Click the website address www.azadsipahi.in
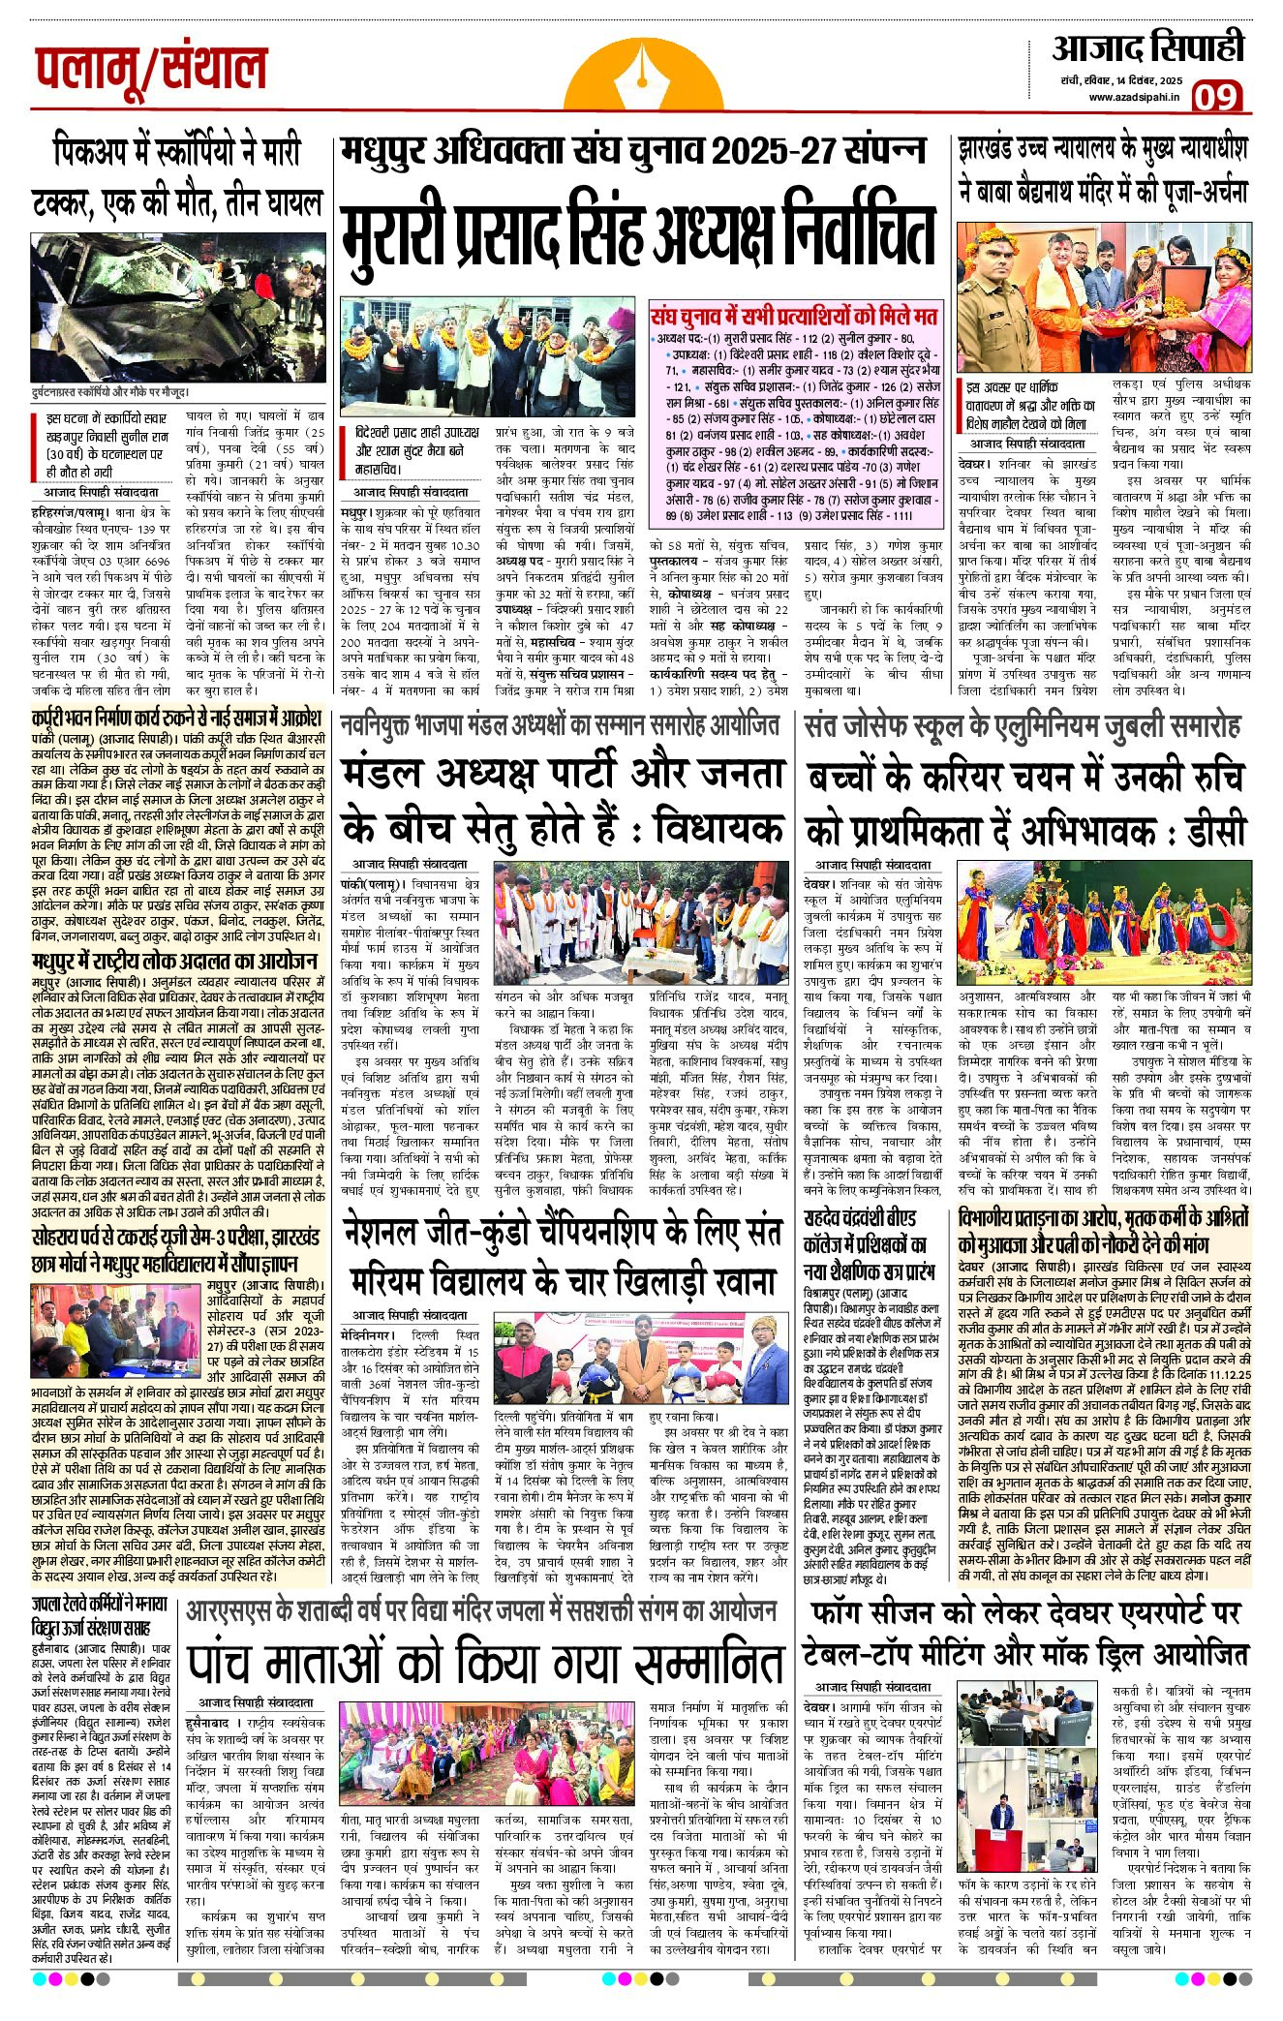pos(1132,97)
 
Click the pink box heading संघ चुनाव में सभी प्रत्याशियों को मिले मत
pos(795,316)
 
